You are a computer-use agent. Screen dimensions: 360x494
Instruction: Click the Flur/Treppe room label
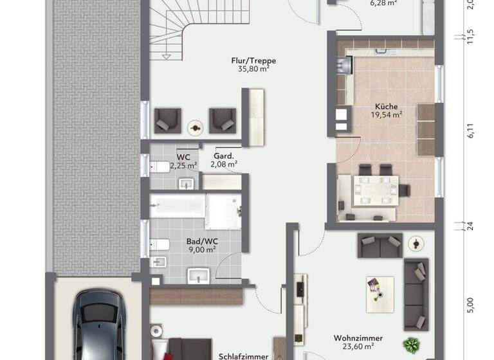coord(249,61)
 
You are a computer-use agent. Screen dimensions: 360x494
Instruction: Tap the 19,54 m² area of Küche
coord(386,115)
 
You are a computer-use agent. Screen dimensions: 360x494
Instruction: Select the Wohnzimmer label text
coord(358,338)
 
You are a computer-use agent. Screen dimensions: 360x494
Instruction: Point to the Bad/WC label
coord(203,241)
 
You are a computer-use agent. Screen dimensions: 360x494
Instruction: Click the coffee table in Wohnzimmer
coord(376,289)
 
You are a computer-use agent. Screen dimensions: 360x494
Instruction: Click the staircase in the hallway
coord(178,29)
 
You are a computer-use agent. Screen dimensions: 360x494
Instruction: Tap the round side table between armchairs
coord(194,126)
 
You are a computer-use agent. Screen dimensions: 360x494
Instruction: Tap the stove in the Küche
coord(342,64)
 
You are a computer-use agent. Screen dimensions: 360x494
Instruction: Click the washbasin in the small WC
coord(187,184)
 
